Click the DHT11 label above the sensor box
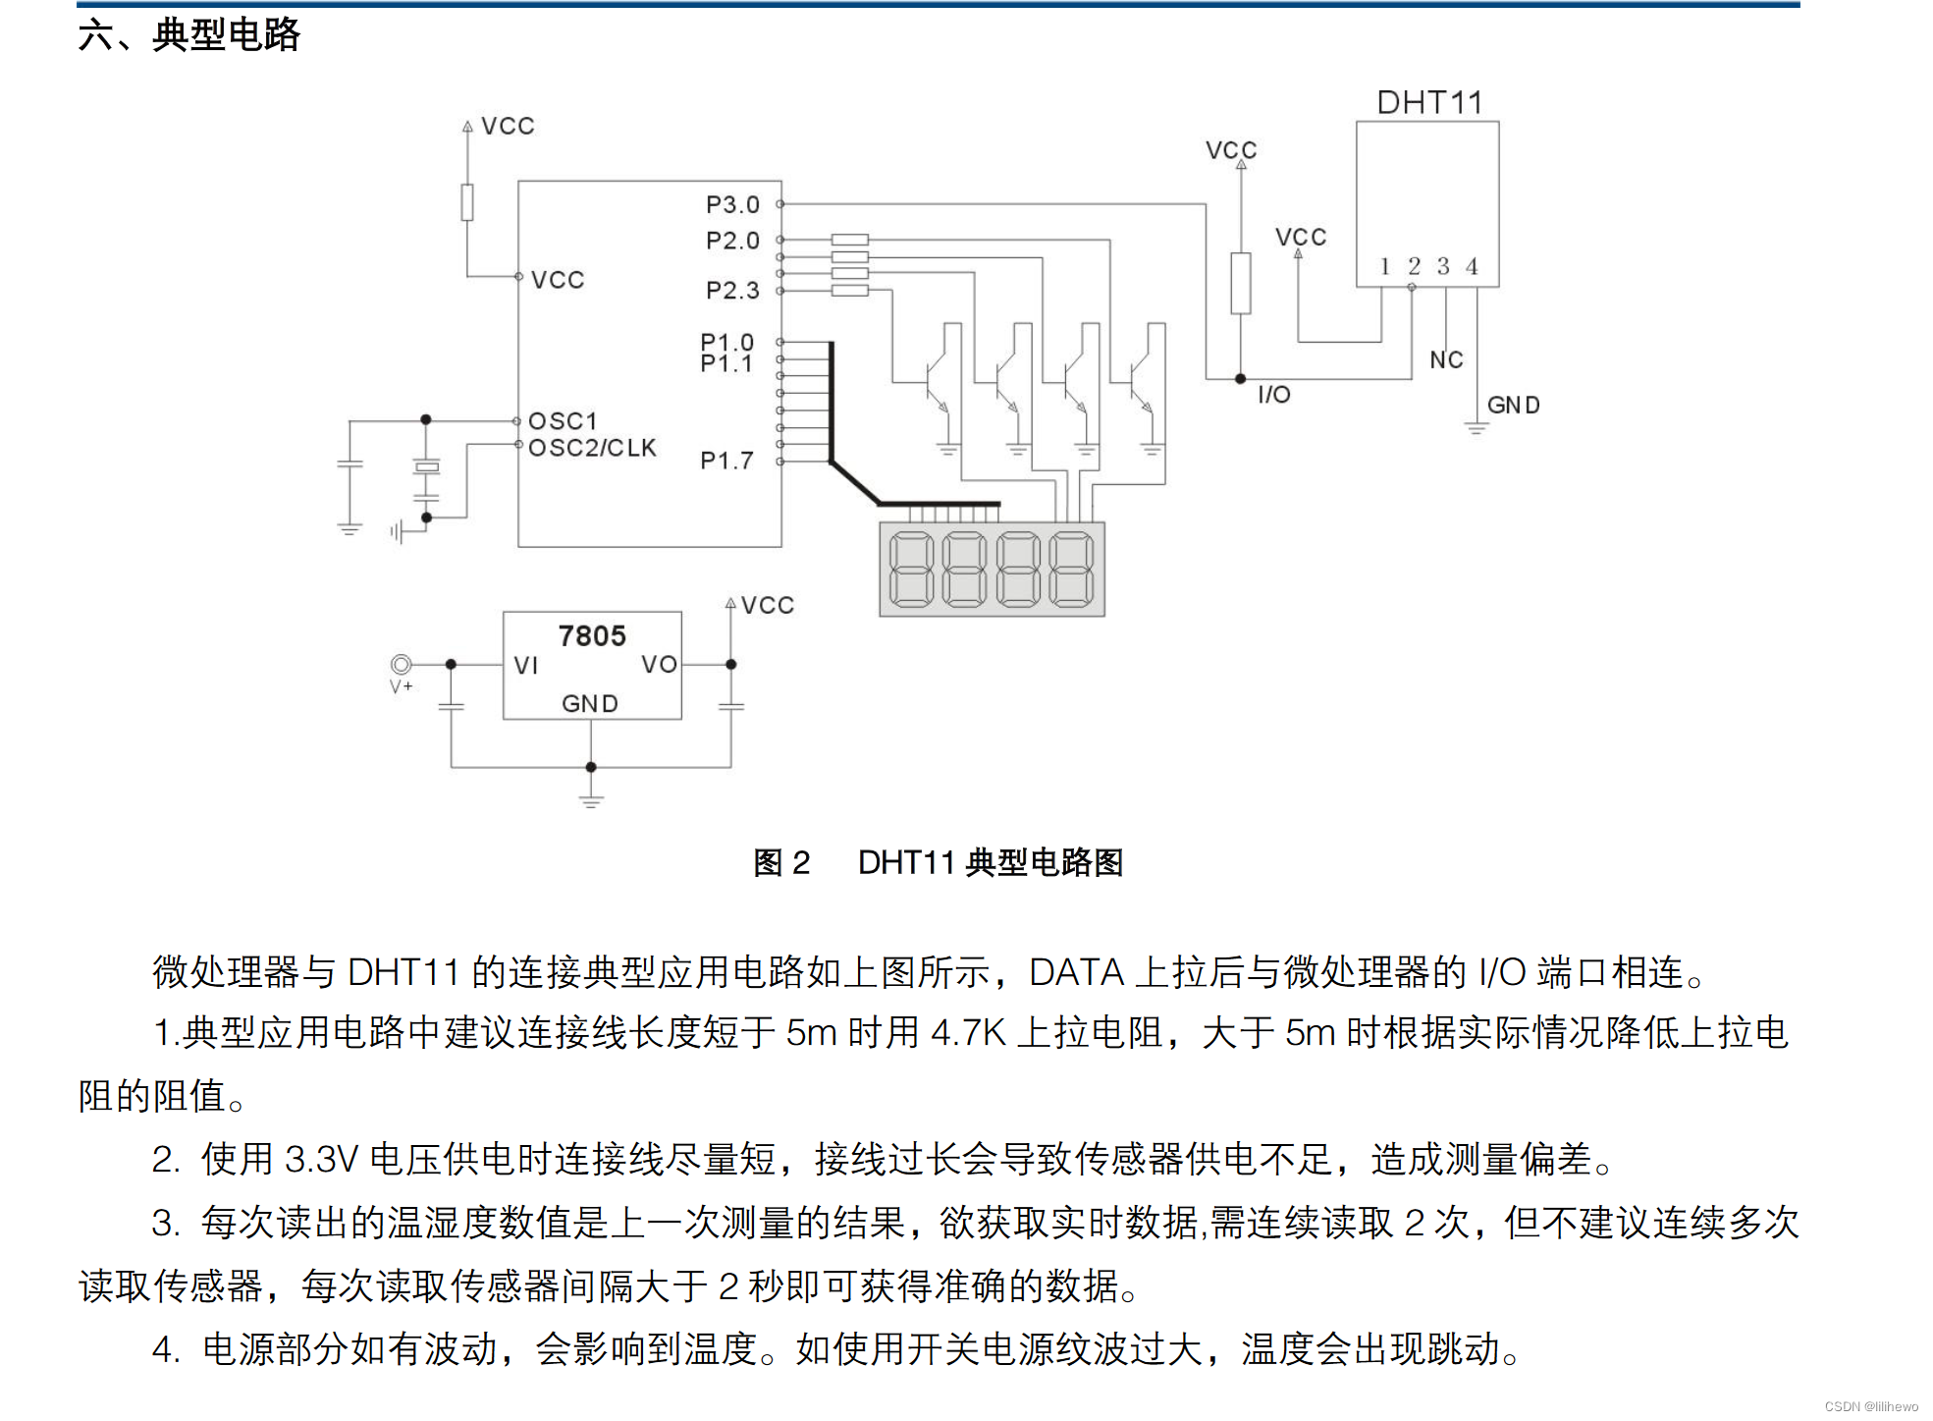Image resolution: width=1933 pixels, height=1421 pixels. (1429, 103)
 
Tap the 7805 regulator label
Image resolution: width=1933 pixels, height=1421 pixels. (592, 636)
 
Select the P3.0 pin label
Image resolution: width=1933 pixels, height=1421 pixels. (732, 205)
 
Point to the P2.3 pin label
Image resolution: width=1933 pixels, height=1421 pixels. (732, 291)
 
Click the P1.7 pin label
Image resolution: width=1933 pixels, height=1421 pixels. (726, 461)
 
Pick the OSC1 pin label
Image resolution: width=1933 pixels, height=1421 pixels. (563, 421)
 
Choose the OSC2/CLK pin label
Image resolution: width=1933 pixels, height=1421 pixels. (592, 449)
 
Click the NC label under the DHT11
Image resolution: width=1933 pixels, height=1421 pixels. (1446, 360)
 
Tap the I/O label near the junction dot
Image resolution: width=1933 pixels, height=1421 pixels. (1274, 395)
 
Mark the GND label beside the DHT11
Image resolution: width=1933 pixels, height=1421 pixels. (1513, 406)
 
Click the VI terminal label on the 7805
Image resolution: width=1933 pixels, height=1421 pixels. (526, 666)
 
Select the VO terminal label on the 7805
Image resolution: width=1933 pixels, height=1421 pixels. (659, 665)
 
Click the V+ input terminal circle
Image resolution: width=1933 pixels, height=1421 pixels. (401, 665)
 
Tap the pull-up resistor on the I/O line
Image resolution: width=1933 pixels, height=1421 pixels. (1241, 283)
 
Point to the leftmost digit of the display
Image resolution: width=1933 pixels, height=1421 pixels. (911, 570)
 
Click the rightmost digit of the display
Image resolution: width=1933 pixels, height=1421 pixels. (1071, 570)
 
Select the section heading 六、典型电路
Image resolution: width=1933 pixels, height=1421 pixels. (188, 35)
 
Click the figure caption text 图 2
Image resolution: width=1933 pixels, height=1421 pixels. (781, 863)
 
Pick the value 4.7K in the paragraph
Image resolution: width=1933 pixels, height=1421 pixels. (968, 1033)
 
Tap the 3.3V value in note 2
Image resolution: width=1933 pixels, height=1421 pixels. (321, 1160)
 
